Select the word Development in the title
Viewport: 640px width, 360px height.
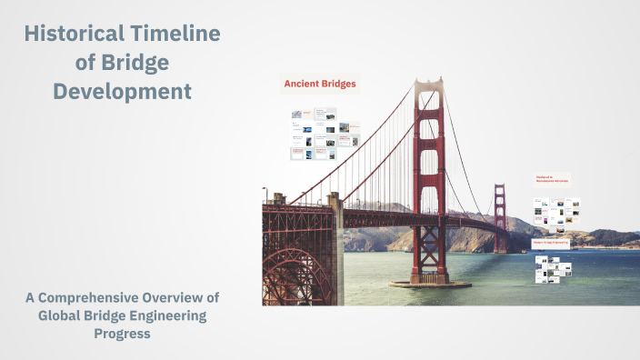[x=122, y=92]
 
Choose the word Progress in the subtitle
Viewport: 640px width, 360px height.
[x=122, y=334]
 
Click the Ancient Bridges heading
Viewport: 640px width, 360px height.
[x=319, y=85]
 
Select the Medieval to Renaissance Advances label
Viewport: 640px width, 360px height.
[x=552, y=180]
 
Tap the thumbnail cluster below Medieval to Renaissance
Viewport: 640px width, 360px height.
[x=556, y=212]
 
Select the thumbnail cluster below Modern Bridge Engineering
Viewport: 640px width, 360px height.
[x=554, y=270]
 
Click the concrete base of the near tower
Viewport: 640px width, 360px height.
[x=429, y=282]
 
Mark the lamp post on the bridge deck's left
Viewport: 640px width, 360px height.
[x=265, y=194]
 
